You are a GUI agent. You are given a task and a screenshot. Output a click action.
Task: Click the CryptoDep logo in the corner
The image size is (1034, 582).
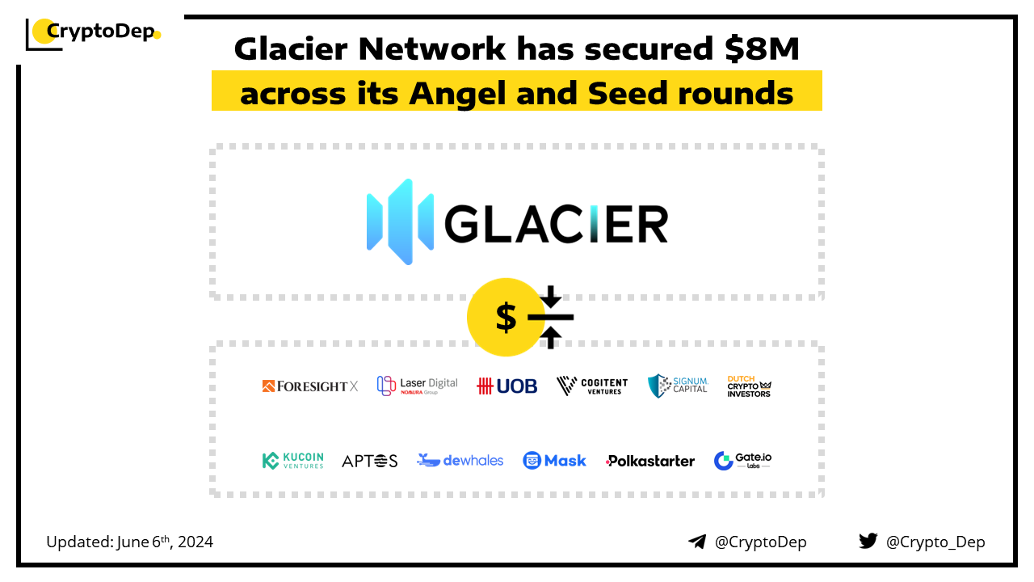(x=93, y=34)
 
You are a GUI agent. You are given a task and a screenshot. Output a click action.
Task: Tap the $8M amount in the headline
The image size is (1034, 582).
(x=762, y=48)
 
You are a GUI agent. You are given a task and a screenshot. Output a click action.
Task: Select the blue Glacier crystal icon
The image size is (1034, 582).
(x=400, y=221)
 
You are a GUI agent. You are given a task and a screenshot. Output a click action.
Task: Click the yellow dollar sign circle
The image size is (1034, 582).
(x=506, y=317)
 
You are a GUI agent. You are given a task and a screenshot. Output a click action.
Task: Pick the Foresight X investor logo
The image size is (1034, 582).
(x=310, y=386)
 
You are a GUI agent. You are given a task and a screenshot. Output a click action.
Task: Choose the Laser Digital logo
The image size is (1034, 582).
(x=418, y=386)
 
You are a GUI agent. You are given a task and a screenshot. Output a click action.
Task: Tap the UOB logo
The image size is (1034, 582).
(x=506, y=386)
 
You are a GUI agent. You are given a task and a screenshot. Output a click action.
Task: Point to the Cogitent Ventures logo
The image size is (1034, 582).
(x=592, y=386)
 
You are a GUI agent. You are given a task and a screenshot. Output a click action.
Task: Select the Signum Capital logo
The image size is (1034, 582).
(x=678, y=386)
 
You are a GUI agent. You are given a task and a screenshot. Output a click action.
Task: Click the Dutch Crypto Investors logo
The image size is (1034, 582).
(x=749, y=386)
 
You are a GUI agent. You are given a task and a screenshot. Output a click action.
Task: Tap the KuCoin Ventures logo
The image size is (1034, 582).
(x=293, y=461)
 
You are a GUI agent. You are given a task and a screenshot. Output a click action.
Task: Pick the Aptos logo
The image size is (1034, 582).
(x=369, y=461)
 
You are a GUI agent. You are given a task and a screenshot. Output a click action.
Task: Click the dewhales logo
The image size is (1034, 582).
(x=460, y=461)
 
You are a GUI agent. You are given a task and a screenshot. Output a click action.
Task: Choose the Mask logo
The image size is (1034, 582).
(x=554, y=461)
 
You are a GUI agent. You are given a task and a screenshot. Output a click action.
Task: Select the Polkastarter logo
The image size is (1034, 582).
(x=650, y=461)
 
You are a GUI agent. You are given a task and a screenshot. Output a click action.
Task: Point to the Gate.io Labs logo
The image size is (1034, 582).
(x=742, y=461)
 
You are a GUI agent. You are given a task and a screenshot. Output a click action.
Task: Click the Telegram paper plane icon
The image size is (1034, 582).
(x=697, y=542)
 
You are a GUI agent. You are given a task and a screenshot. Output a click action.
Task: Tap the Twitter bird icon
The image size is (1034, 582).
(x=868, y=541)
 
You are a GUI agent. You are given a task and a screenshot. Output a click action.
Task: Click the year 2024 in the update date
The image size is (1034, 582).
(x=195, y=542)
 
